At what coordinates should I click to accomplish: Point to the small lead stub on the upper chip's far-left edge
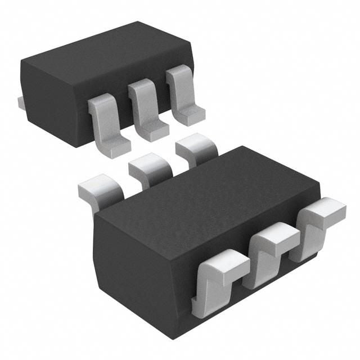tap(20, 102)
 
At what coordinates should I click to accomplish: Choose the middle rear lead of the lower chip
tap(149, 168)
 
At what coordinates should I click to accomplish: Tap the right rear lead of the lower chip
tap(197, 151)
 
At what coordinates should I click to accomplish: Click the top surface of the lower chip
tap(208, 191)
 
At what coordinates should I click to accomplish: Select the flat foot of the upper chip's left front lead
tap(115, 147)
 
